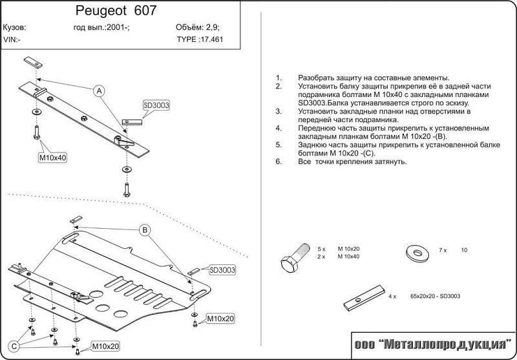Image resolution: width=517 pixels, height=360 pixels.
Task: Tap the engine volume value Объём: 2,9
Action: pyautogui.click(x=198, y=28)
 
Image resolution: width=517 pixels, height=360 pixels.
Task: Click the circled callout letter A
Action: pyautogui.click(x=100, y=91)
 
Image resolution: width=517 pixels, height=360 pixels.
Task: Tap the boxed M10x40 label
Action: pyautogui.click(x=54, y=157)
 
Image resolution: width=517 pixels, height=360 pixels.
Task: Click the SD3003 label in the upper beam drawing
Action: pyautogui.click(x=155, y=105)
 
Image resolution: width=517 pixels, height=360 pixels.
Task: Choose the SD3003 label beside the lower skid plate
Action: pyautogui.click(x=222, y=270)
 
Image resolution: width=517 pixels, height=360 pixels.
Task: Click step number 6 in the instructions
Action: pyautogui.click(x=278, y=162)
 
